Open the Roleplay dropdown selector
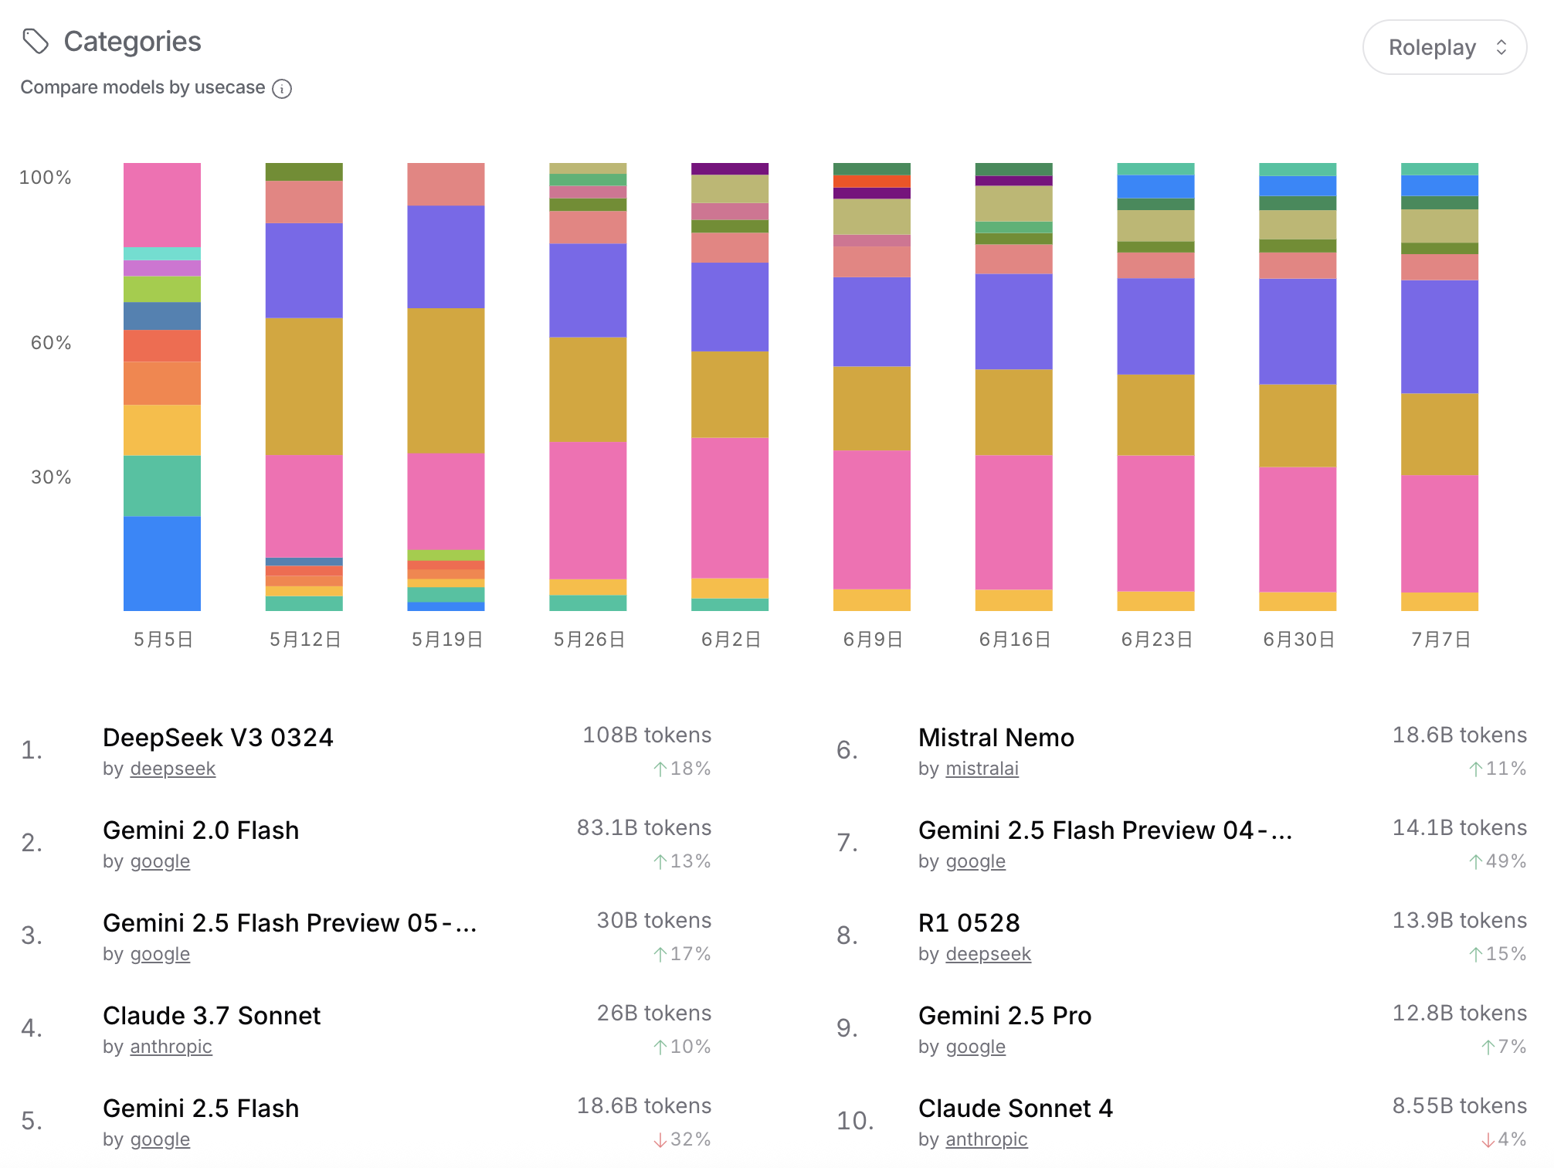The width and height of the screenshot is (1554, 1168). point(1444,47)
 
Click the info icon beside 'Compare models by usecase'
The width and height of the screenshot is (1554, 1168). point(283,89)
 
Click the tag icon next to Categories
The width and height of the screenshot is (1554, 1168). point(36,41)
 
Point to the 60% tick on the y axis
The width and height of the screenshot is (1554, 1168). point(51,343)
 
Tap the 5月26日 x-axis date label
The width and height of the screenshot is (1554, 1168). point(589,640)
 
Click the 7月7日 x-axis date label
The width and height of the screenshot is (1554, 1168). point(1440,640)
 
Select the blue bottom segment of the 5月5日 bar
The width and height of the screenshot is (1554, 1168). point(162,563)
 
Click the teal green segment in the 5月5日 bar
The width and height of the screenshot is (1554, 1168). point(162,486)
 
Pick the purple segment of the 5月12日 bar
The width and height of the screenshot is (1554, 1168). point(304,270)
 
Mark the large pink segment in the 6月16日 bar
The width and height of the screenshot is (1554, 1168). point(1013,522)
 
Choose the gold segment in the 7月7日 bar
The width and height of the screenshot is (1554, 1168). point(1440,434)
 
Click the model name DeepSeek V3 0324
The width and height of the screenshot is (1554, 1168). point(218,738)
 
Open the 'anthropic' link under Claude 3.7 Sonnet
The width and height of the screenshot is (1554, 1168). point(171,1047)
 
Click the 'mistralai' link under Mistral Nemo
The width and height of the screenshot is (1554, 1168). point(982,769)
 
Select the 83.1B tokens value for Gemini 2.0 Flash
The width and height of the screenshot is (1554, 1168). point(643,828)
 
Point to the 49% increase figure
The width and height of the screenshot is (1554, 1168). point(1498,861)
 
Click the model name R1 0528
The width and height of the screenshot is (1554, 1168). point(969,923)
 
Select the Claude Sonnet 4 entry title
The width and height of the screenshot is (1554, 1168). point(1015,1109)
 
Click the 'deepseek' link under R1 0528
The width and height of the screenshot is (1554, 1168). point(988,954)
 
